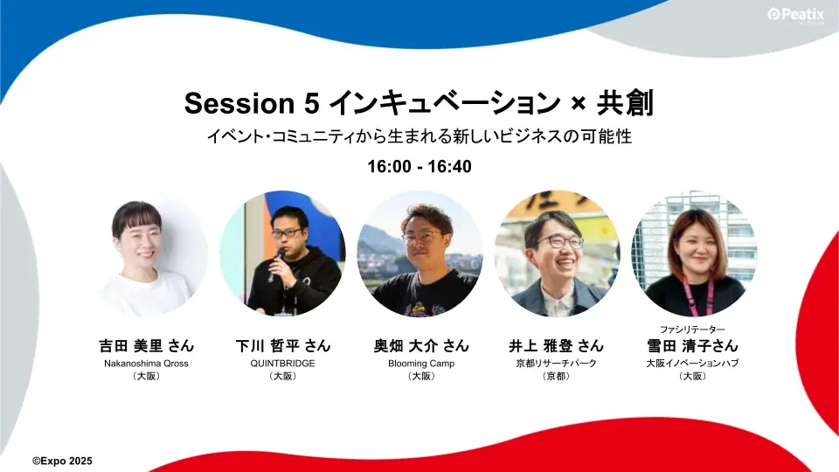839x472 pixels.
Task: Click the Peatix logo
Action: pyautogui.click(x=797, y=15)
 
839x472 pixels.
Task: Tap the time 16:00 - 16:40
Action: pyautogui.click(x=419, y=166)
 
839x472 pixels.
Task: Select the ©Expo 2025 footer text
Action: pyautogui.click(x=62, y=460)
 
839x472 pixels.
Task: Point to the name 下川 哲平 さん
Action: pyautogui.click(x=282, y=345)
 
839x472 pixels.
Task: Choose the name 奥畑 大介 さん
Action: pyautogui.click(x=420, y=345)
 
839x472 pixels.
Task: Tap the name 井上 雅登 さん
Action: pyautogui.click(x=557, y=345)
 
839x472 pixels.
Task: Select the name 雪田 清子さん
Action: pyautogui.click(x=692, y=345)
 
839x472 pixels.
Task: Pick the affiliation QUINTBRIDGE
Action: pyautogui.click(x=282, y=363)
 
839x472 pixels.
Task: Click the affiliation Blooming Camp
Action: pyautogui.click(x=420, y=363)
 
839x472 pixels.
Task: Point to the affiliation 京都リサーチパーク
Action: pyautogui.click(x=557, y=363)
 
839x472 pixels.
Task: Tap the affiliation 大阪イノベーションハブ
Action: pyautogui.click(x=692, y=363)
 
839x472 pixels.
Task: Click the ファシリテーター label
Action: pyautogui.click(x=692, y=329)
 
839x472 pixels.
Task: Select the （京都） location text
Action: pyautogui.click(x=557, y=377)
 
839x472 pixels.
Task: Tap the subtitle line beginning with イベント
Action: pyautogui.click(x=419, y=137)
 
